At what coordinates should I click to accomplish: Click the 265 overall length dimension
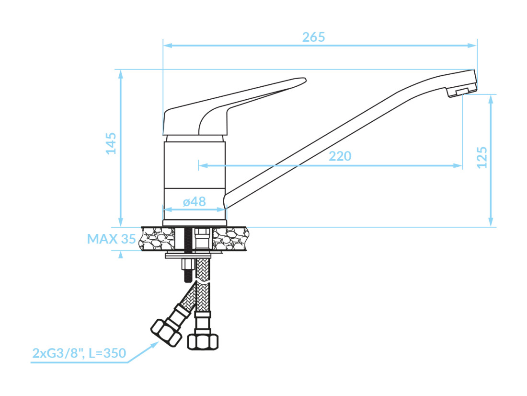313,37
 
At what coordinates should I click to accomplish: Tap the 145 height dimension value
111,143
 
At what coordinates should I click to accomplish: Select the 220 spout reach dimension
340,156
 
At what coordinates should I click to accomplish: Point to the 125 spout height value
481,157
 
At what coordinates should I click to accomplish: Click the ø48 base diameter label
194,201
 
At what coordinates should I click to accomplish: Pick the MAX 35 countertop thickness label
111,239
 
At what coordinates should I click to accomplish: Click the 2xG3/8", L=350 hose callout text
80,353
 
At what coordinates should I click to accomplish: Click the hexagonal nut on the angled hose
166,332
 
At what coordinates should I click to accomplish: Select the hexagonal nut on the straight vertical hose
203,341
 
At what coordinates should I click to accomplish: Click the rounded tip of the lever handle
303,81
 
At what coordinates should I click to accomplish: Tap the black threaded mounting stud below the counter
187,271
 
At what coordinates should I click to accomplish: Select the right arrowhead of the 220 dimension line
458,165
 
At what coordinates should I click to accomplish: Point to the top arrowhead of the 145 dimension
121,74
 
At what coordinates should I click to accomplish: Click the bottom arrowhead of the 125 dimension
491,222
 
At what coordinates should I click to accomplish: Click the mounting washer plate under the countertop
188,256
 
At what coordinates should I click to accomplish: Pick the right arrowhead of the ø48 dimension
222,210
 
